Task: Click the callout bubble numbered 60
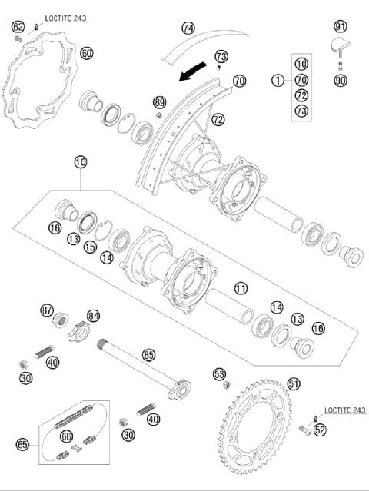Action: pyautogui.click(x=86, y=53)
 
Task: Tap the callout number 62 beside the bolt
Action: pyautogui.click(x=18, y=27)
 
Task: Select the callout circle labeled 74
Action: pyautogui.click(x=188, y=28)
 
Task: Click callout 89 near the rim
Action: pyautogui.click(x=159, y=102)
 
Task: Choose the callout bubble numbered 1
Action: pyautogui.click(x=276, y=80)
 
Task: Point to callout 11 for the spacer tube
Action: pyautogui.click(x=241, y=289)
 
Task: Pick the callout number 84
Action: pyautogui.click(x=94, y=315)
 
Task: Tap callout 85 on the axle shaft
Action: pyautogui.click(x=149, y=355)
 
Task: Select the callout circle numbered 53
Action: pyautogui.click(x=220, y=374)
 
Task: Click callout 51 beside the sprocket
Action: pyautogui.click(x=294, y=383)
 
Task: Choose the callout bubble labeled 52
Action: pyautogui.click(x=321, y=430)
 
